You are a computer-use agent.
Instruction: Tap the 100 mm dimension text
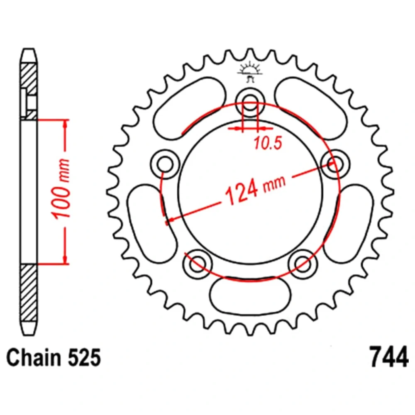[61, 189]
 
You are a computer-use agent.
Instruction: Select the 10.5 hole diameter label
[268, 143]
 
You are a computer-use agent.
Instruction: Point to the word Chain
[34, 357]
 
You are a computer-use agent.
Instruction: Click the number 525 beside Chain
[84, 357]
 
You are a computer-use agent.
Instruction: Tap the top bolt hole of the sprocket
[250, 102]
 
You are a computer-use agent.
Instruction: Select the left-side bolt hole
[165, 164]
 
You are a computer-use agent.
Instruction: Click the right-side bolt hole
[335, 164]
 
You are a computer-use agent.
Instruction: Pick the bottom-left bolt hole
[198, 264]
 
